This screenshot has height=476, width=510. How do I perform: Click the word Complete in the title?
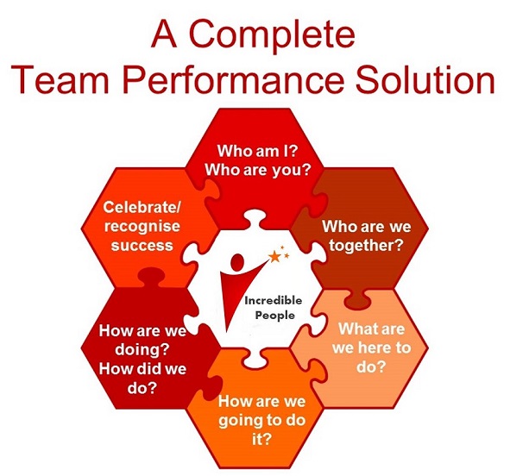272,35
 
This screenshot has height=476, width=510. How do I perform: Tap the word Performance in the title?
234,79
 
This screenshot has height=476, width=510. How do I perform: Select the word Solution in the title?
425,79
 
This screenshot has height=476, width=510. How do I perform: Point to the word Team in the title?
60,79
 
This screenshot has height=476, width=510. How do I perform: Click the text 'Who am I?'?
257,151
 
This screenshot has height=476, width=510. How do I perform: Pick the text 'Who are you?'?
258,170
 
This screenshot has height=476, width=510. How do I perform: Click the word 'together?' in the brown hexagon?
366,245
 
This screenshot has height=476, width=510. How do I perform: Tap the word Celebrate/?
142,207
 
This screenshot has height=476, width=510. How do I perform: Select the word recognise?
142,227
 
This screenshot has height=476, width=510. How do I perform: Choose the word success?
142,245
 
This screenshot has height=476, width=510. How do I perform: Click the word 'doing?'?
142,350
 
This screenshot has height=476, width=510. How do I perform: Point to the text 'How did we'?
142,369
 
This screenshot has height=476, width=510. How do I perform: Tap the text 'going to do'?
261,421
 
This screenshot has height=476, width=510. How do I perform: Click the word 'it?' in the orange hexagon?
261,439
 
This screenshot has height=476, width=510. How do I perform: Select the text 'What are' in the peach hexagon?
371,329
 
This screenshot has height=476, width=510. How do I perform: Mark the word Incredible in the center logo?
274,301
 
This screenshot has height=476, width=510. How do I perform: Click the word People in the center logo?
274,316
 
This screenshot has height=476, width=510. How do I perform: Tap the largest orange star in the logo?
274,257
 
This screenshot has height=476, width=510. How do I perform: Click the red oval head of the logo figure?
236,262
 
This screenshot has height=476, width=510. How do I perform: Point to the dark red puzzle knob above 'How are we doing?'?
151,277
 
